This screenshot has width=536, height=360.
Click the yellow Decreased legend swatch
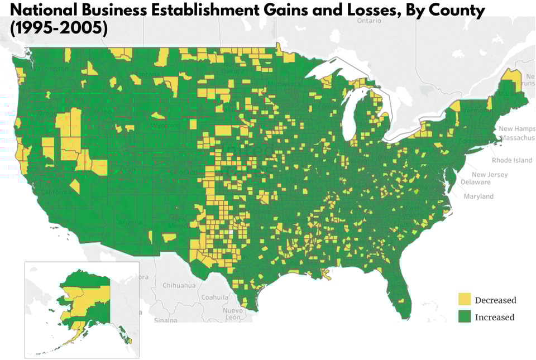pyautogui.click(x=464, y=299)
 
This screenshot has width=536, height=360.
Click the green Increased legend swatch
pyautogui.click(x=464, y=316)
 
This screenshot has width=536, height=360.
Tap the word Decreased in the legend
pyautogui.click(x=495, y=300)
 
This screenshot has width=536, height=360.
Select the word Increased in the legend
pyautogui.click(x=494, y=317)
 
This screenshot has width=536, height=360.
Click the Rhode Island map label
pyautogui.click(x=512, y=160)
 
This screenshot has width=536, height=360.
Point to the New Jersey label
pyautogui.click(x=490, y=175)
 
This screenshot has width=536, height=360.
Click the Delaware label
pyautogui.click(x=475, y=182)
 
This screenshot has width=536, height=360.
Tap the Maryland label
pyautogui.click(x=478, y=196)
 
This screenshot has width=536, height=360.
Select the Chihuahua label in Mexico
pyautogui.click(x=179, y=285)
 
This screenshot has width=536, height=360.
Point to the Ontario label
pyautogui.click(x=369, y=21)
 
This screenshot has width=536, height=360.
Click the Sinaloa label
pyautogui.click(x=165, y=320)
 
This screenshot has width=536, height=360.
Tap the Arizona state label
pyautogui.click(x=130, y=222)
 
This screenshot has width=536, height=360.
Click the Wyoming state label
pyautogui.click(x=166, y=126)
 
